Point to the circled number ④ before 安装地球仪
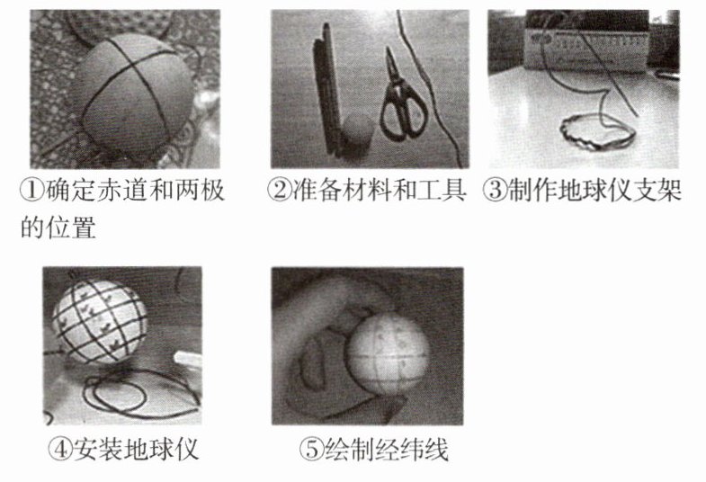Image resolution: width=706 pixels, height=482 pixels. (x=60, y=448)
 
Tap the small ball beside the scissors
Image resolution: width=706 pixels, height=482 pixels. (x=357, y=129)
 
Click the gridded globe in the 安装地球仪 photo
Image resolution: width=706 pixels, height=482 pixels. (x=100, y=320)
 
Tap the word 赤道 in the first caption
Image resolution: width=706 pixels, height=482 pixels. (x=121, y=191)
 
